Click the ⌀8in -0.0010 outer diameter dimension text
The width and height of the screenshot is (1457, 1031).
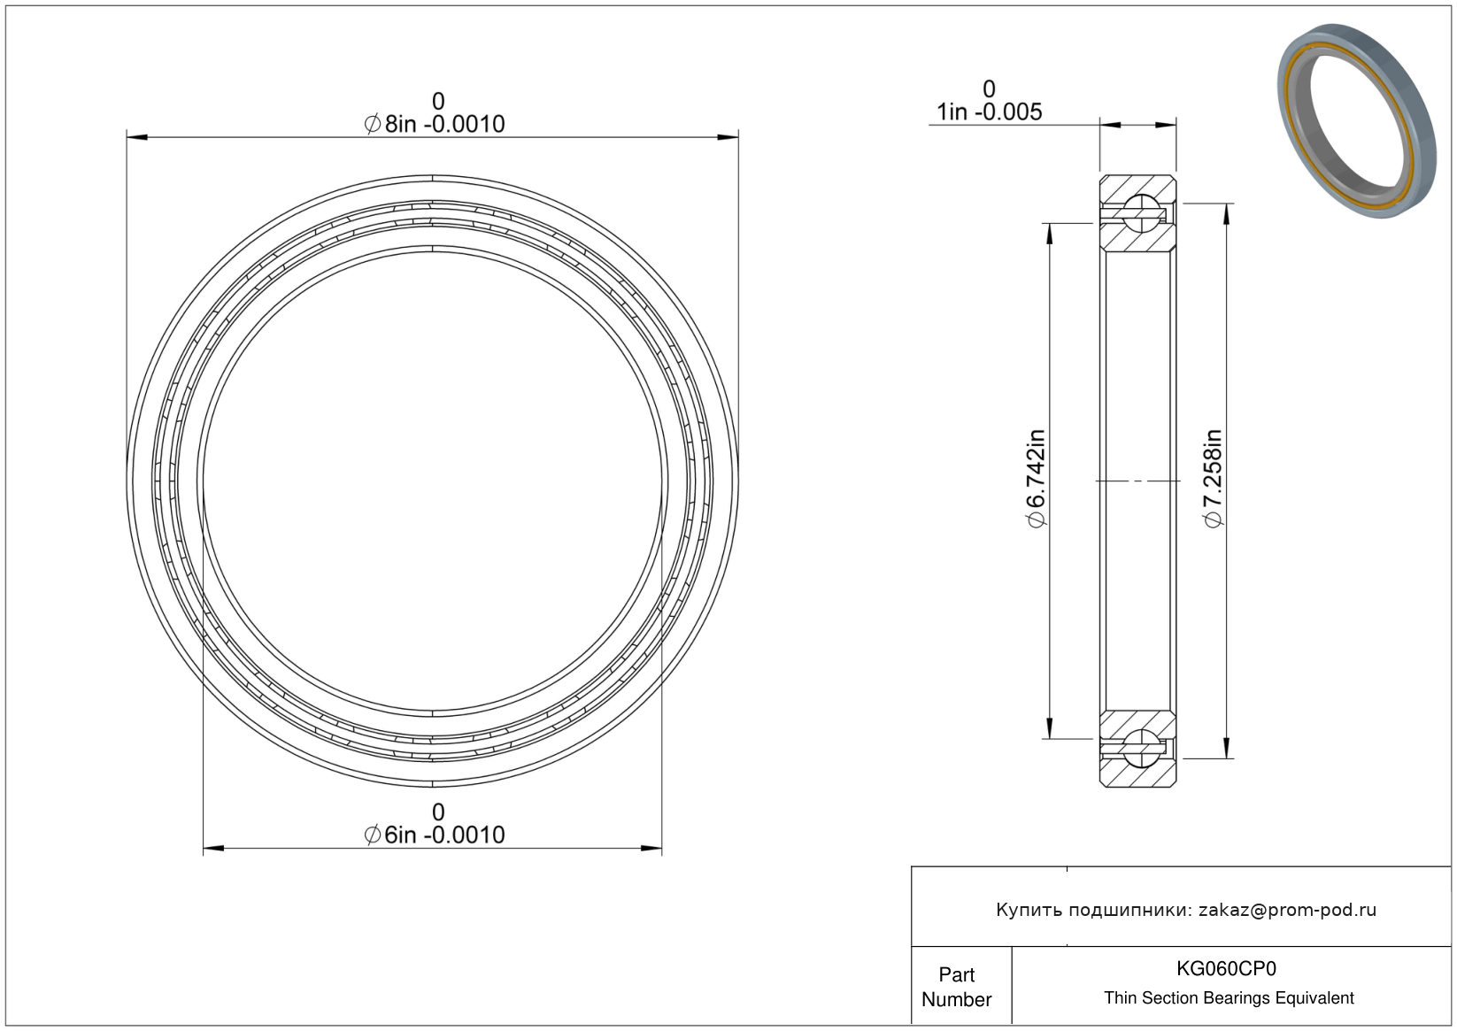pos(434,124)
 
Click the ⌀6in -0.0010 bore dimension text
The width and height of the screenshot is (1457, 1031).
pos(434,835)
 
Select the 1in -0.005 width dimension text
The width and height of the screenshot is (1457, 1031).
pos(990,112)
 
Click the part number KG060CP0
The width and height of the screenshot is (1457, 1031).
pos(1226,968)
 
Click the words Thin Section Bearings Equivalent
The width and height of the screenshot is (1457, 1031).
pos(1229,998)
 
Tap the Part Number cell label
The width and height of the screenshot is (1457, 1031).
pos(957,987)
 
